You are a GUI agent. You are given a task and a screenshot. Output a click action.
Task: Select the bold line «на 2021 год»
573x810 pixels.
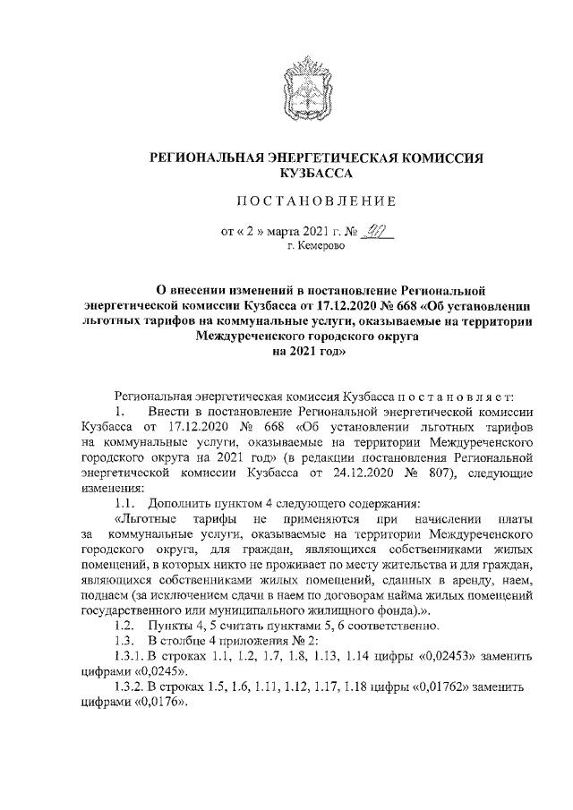tap(309, 353)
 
